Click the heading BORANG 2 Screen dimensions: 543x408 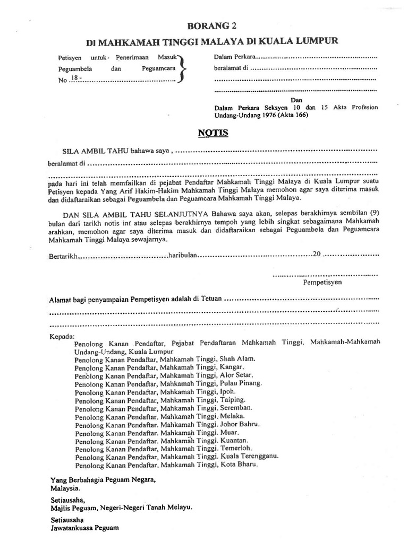(x=211, y=25)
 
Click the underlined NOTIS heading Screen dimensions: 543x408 (x=213, y=133)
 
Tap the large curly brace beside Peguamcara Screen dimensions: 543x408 (x=182, y=69)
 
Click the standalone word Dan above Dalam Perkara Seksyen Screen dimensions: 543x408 (x=296, y=99)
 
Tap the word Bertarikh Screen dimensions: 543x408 (x=63, y=255)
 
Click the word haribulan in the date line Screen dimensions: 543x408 (x=183, y=255)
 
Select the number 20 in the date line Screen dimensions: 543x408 (x=317, y=254)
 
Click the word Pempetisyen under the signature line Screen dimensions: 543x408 (x=322, y=283)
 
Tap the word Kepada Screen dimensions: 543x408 (x=62, y=337)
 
